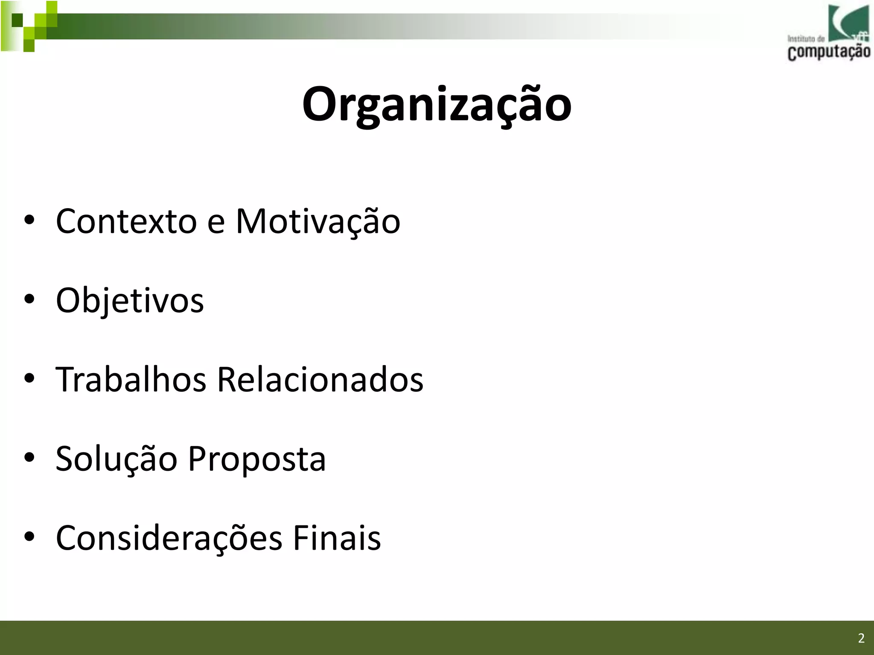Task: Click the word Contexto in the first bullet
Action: [x=126, y=221]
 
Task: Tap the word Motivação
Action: [x=318, y=221]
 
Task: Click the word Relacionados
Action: [x=320, y=380]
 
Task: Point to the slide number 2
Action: [x=861, y=638]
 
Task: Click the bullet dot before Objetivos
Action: [x=29, y=300]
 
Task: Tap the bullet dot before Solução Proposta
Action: [x=29, y=458]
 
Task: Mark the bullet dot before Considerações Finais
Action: [x=29, y=537]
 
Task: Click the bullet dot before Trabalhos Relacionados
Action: [x=29, y=379]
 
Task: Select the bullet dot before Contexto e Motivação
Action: [x=29, y=221]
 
